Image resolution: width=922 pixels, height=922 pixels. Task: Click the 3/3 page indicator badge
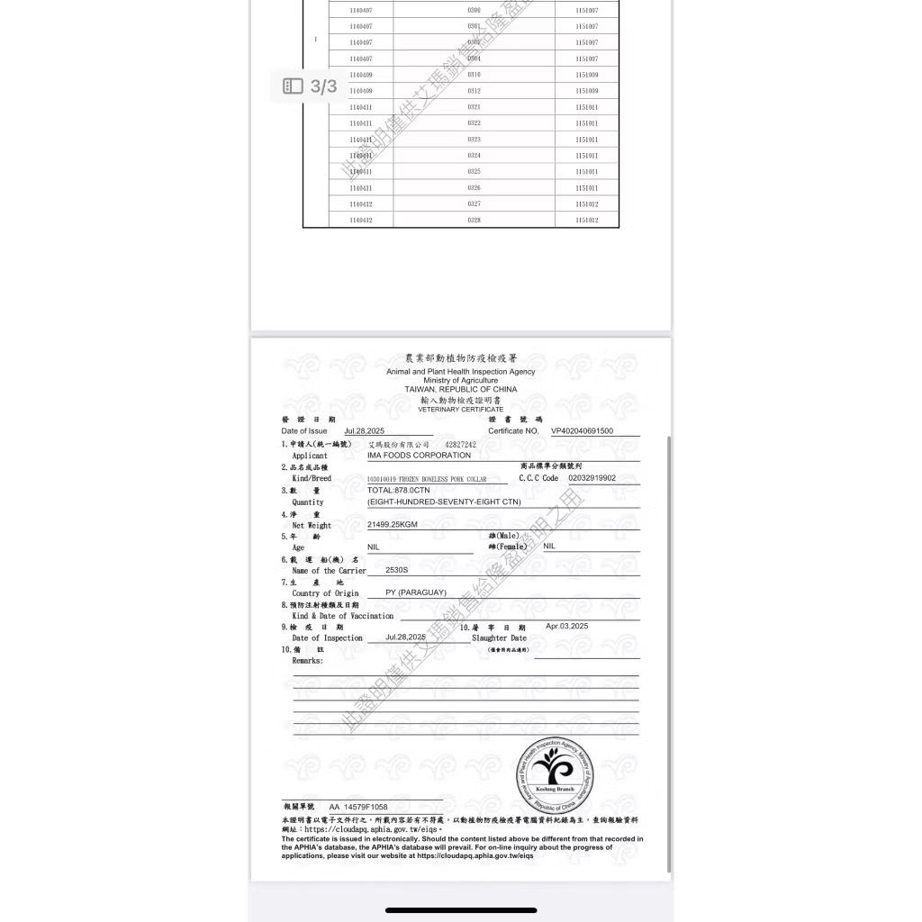point(310,86)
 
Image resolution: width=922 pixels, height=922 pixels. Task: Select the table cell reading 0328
point(474,221)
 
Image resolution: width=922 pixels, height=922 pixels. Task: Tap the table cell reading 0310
point(474,75)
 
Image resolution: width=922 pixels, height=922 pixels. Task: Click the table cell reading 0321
point(474,107)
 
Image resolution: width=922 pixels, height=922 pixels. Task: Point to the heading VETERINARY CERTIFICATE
point(460,410)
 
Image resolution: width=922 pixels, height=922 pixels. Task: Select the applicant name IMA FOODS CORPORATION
point(419,456)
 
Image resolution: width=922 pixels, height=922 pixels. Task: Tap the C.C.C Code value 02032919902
point(592,478)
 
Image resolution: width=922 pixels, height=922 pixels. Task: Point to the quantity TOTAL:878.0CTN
point(398,490)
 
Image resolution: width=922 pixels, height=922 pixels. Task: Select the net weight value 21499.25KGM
point(392,524)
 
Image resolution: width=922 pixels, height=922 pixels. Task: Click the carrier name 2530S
point(396,570)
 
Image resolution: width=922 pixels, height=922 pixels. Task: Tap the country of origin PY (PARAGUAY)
point(415,592)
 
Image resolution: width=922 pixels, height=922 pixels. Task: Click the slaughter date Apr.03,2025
point(566,626)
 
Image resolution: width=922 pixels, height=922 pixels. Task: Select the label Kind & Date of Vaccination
point(342,616)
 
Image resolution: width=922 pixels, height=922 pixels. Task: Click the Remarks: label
point(307,661)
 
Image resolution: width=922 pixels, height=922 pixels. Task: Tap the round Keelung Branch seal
point(555,773)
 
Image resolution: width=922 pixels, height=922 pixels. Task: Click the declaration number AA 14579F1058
point(357,807)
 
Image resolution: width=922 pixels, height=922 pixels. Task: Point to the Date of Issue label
point(304,431)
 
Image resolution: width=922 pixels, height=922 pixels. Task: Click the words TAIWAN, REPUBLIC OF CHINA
point(460,389)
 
